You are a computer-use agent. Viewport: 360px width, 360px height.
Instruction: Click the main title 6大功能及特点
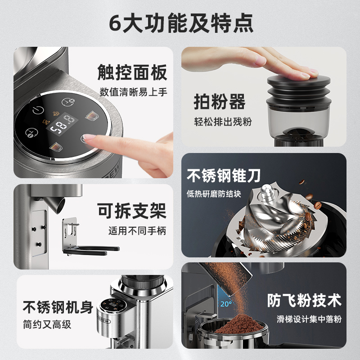pyautogui.click(x=181, y=23)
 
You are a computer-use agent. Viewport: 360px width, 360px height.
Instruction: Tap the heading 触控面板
pyautogui.click(x=132, y=72)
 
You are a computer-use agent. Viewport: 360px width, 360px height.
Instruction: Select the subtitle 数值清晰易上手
pyautogui.click(x=133, y=92)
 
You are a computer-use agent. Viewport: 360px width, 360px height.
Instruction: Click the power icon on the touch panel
pyautogui.click(x=38, y=110)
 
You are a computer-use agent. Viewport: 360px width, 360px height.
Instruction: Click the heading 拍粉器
pyautogui.click(x=220, y=102)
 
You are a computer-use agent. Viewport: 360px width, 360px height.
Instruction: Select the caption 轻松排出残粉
pyautogui.click(x=223, y=121)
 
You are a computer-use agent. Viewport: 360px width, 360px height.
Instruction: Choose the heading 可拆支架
pyautogui.click(x=132, y=211)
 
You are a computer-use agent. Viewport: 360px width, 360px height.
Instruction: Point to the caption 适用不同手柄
pyautogui.click(x=137, y=231)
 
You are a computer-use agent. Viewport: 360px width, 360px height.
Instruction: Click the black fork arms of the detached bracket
pyautogui.click(x=91, y=251)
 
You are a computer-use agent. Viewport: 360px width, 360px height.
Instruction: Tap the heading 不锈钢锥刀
pyautogui.click(x=224, y=175)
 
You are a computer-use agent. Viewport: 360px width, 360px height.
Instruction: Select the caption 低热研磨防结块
pyautogui.click(x=214, y=194)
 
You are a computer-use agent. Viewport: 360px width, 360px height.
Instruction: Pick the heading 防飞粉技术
pyautogui.click(x=304, y=300)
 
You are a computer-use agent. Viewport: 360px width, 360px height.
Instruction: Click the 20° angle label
pyautogui.click(x=226, y=304)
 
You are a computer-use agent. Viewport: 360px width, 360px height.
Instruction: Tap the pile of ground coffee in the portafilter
pyautogui.click(x=239, y=324)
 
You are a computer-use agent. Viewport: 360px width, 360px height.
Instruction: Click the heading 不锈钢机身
pyautogui.click(x=58, y=307)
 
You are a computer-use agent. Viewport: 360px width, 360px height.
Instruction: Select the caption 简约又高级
pyautogui.click(x=47, y=324)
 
